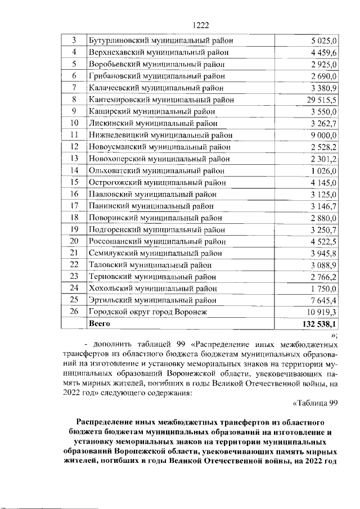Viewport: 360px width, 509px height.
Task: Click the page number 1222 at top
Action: tap(201, 24)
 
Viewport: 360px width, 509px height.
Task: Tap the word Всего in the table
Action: tap(100, 324)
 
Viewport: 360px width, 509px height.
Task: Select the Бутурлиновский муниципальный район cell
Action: tap(161, 40)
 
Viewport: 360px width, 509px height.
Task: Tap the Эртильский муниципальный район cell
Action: tap(152, 300)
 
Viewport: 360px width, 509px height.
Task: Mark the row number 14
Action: tap(74, 170)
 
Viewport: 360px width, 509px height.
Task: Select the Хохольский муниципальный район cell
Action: tap(153, 288)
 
